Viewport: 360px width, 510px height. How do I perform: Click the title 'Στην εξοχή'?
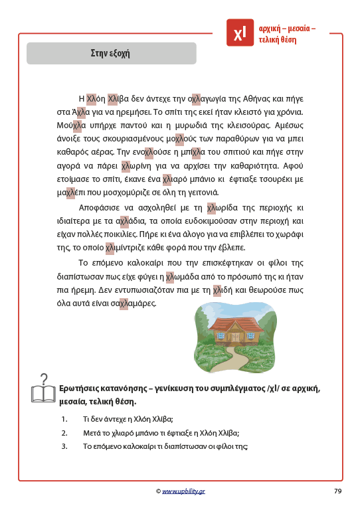(x=111, y=53)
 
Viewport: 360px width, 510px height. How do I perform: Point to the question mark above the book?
(x=44, y=379)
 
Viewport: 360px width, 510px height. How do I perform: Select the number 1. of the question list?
(x=64, y=419)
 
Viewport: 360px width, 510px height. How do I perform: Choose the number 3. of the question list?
(x=64, y=446)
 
